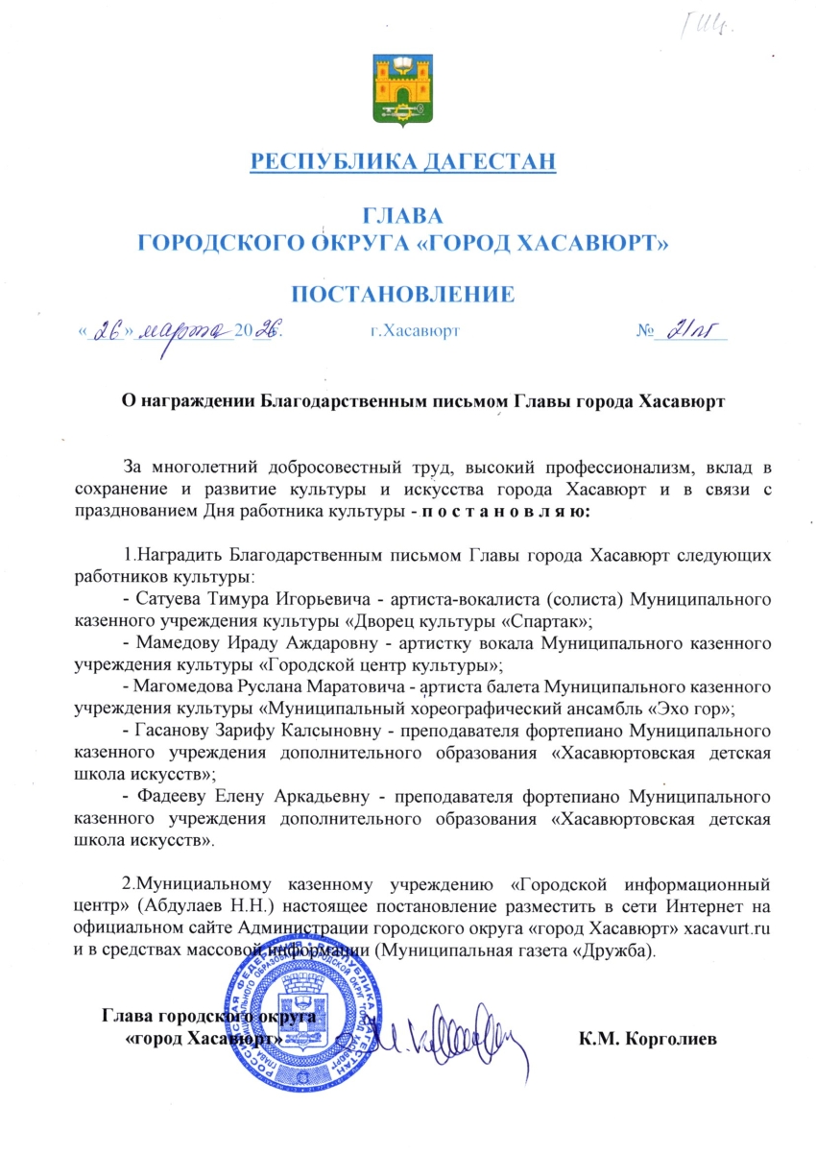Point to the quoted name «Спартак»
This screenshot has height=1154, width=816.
coord(544,621)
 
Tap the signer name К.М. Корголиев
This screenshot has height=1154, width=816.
coord(648,1039)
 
